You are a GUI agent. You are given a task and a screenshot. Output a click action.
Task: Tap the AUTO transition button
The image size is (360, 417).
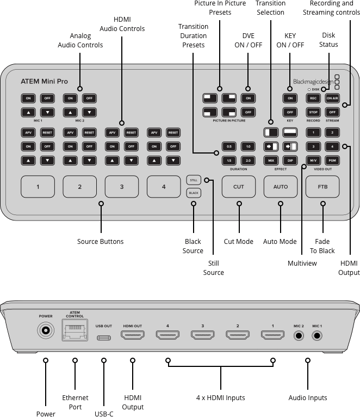(281, 187)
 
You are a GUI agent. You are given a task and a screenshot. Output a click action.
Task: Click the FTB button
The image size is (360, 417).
(322, 187)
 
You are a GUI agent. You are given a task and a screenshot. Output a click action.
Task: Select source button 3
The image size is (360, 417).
(121, 187)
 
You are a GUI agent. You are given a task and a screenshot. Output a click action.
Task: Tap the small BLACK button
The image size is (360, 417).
(193, 193)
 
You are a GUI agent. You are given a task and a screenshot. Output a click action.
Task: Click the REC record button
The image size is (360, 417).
(313, 99)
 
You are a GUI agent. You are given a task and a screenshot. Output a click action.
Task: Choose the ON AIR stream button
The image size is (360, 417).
(332, 99)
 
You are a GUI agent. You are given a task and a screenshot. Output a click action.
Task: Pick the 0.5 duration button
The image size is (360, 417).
(229, 147)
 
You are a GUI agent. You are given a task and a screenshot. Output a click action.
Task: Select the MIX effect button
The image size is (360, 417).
(271, 161)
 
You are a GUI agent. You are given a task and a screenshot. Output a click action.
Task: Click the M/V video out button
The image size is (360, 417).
(313, 161)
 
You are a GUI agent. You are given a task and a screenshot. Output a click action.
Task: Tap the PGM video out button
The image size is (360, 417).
(332, 161)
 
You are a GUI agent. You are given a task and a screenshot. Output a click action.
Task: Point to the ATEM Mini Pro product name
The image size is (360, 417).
(45, 82)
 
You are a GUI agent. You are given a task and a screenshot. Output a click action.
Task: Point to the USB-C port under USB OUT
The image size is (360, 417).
(103, 338)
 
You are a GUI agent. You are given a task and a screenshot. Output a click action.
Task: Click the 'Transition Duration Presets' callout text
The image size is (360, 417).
(193, 35)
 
